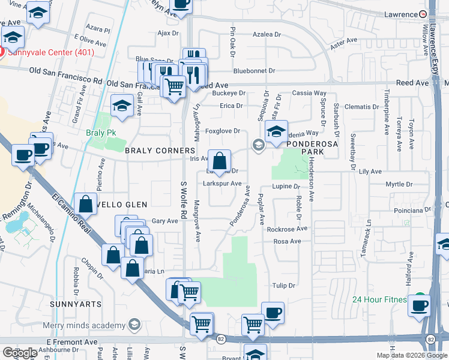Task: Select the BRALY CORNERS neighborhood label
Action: pyautogui.click(x=160, y=151)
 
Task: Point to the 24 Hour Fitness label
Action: pyautogui.click(x=379, y=299)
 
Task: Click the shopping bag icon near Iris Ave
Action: pyautogui.click(x=220, y=161)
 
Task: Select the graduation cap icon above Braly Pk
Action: pyautogui.click(x=122, y=106)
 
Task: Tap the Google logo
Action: pyautogui.click(x=19, y=353)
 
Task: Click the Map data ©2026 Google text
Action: pyautogui.click(x=411, y=355)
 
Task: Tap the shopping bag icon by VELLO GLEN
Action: pyautogui.click(x=86, y=204)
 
